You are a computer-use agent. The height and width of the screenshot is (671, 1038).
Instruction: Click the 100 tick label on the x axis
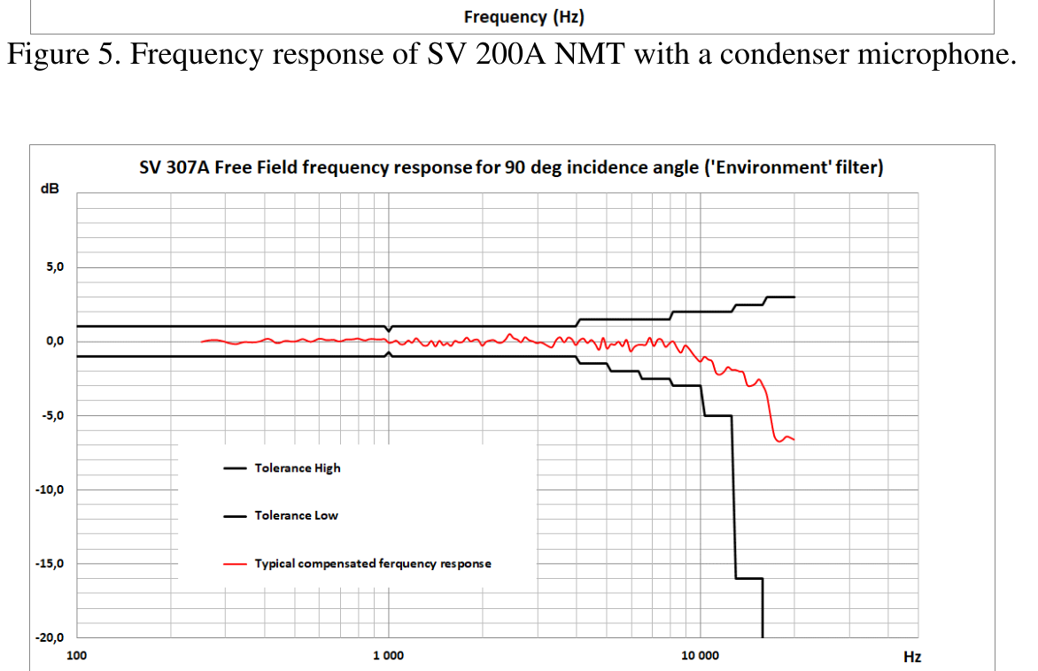[77, 656]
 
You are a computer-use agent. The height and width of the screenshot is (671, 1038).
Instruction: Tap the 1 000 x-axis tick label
[388, 656]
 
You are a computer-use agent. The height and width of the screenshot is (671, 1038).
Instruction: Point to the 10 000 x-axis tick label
[700, 656]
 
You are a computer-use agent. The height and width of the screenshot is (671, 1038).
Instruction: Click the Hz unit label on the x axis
[911, 657]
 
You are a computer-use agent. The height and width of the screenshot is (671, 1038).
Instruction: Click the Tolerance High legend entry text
[297, 467]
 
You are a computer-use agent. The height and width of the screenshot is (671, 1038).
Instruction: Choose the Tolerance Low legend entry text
[296, 515]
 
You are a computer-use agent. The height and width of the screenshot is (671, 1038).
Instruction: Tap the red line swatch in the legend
[235, 563]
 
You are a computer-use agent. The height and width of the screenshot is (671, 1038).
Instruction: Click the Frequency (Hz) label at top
[524, 17]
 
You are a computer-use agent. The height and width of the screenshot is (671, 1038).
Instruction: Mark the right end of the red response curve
[794, 439]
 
